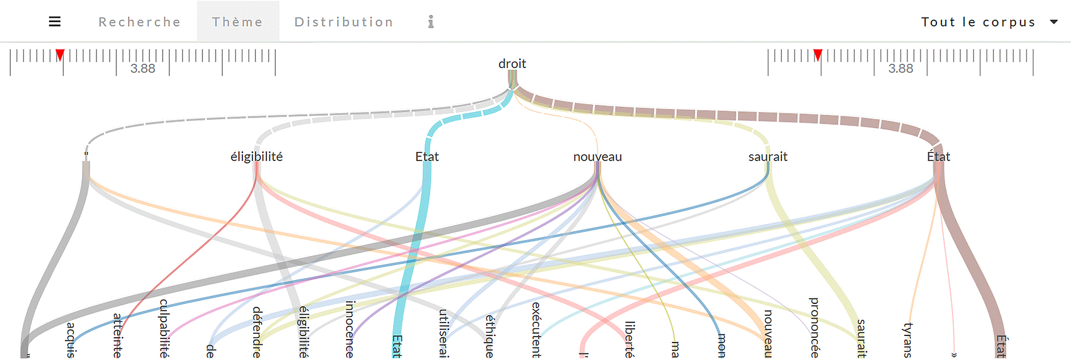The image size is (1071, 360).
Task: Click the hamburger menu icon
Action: click(x=55, y=22)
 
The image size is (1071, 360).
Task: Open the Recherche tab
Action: click(x=140, y=22)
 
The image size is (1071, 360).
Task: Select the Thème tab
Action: click(x=238, y=22)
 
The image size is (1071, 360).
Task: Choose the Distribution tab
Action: click(x=344, y=22)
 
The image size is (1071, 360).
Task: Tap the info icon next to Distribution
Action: click(x=431, y=22)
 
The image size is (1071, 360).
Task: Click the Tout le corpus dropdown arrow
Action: click(x=1054, y=22)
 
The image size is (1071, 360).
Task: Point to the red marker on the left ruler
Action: click(x=60, y=55)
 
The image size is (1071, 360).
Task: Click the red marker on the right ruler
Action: click(x=818, y=55)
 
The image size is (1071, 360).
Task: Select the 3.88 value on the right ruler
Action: click(x=901, y=69)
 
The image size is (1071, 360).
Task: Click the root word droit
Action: click(x=512, y=63)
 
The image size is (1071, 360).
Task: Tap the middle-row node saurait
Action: click(x=768, y=156)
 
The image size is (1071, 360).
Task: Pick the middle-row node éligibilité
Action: click(x=256, y=156)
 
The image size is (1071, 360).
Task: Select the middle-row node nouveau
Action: click(x=597, y=156)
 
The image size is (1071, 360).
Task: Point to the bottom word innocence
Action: click(x=350, y=329)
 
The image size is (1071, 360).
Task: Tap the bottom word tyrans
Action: click(x=908, y=340)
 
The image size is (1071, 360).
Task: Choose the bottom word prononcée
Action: click(x=815, y=327)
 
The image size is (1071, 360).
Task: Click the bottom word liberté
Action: click(x=629, y=340)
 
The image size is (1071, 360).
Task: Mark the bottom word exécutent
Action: click(x=536, y=330)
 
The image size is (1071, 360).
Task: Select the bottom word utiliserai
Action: click(x=443, y=333)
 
